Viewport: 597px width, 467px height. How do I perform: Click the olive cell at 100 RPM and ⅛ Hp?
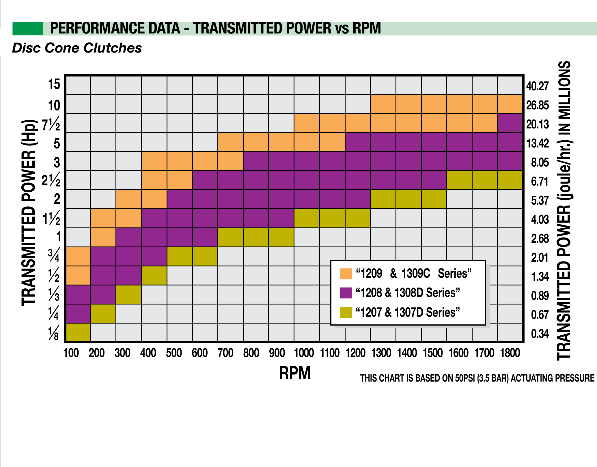78,332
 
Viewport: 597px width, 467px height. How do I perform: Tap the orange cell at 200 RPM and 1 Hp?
103,237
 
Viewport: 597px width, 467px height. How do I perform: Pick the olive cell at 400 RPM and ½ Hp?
154,275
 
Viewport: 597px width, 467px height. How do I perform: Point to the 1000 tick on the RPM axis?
304,353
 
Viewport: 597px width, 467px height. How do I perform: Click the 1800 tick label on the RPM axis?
510,353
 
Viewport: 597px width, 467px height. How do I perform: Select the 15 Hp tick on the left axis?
54,85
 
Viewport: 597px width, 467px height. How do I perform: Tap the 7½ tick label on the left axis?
51,124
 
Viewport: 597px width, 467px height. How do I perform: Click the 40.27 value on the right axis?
537,86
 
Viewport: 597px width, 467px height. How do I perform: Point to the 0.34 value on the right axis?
540,334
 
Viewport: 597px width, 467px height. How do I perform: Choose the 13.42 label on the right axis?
538,143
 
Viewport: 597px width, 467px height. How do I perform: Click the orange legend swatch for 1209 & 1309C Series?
346,274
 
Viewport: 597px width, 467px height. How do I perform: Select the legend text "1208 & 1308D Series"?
408,293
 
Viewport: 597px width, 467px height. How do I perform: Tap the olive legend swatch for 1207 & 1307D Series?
346,312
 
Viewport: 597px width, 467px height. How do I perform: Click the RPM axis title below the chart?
294,373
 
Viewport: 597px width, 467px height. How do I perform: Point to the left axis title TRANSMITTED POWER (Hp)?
29,212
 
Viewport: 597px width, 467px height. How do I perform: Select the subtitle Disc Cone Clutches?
77,48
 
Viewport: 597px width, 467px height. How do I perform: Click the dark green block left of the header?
28,28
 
